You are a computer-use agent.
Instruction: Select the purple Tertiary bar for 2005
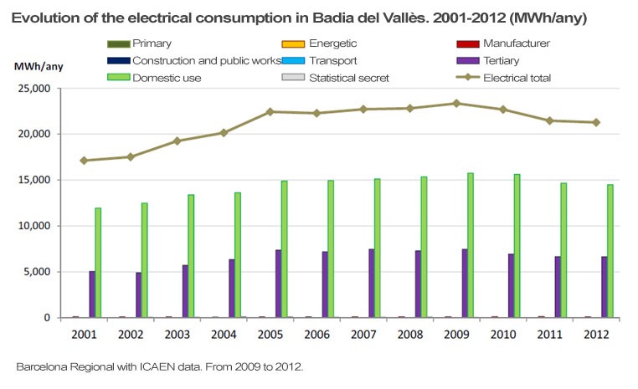tap(278, 284)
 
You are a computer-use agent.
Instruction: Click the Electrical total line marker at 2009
tap(456, 104)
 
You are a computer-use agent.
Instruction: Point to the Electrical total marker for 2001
tap(85, 160)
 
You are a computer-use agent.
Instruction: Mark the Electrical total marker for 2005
tap(270, 111)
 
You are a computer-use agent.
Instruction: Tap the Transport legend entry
tap(333, 60)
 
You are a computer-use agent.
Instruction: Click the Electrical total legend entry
tap(511, 78)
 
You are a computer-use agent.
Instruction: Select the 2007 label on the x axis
tap(363, 333)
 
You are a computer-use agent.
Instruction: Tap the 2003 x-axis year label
tap(177, 333)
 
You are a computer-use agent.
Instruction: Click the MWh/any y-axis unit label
tap(38, 66)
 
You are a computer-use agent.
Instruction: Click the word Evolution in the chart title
tap(43, 18)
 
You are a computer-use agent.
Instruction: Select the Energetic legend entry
tap(333, 44)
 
